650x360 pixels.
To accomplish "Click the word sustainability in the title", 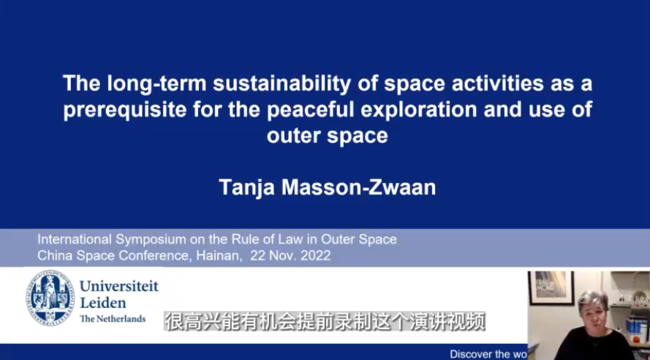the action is click(281, 84).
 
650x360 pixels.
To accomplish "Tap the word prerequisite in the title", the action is click(124, 110).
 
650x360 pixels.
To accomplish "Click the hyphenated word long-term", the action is click(156, 84).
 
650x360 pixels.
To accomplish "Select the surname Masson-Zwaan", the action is click(359, 187).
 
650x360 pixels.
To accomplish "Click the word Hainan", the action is click(219, 255).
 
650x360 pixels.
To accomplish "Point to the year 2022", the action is click(315, 255).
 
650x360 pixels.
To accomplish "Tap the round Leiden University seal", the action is click(50, 298).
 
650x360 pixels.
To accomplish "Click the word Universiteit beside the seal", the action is click(119, 286).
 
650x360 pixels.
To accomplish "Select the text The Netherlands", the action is click(113, 318).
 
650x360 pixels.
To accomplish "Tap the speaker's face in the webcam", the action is click(594, 310).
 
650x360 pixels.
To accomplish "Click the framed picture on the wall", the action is click(551, 288).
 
